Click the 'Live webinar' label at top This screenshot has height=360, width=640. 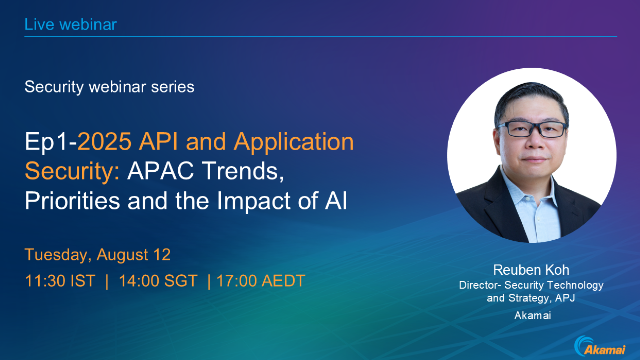tap(72, 23)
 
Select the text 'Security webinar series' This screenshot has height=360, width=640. tap(110, 87)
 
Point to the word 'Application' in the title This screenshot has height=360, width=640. tap(292, 142)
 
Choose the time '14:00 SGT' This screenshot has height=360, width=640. tap(156, 280)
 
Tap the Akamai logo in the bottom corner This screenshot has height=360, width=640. tap(600, 345)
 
